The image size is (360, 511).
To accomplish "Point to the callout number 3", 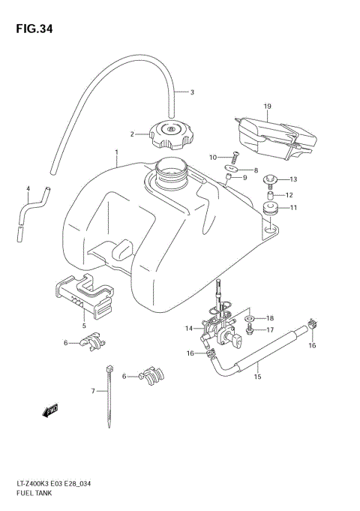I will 191,92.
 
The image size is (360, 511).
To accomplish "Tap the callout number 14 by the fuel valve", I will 188,328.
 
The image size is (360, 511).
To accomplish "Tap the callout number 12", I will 289,195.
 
